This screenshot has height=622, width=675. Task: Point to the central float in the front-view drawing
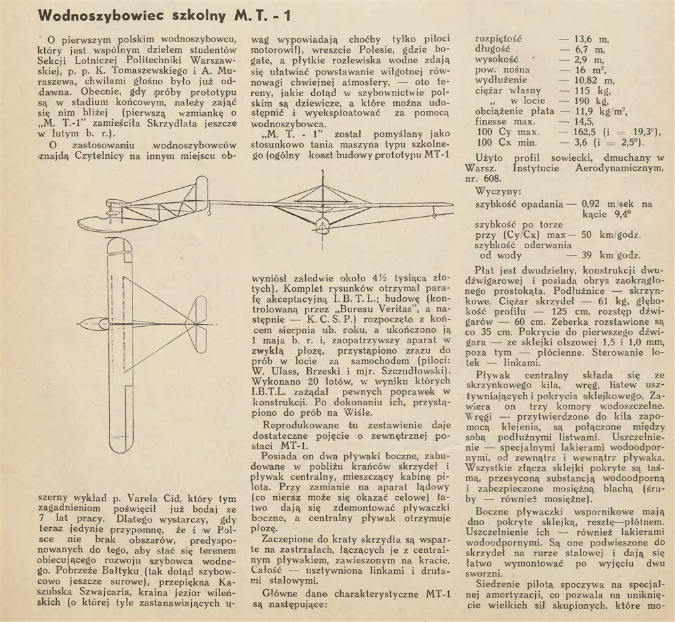point(322,225)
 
